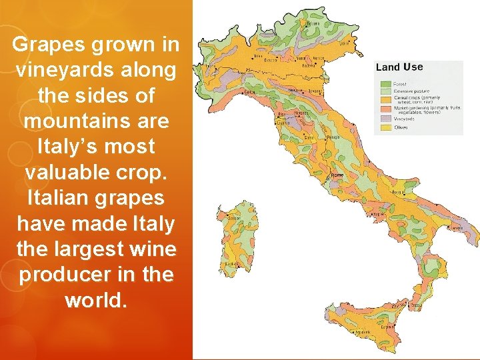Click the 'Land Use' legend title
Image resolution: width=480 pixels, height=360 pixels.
tap(399, 67)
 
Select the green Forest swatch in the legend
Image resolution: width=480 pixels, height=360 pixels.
tap(385, 84)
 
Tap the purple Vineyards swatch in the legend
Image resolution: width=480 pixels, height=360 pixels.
tap(385, 119)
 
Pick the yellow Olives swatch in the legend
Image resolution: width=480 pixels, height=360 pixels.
tap(385, 127)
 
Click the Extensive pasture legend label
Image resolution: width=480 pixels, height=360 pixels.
tap(411, 91)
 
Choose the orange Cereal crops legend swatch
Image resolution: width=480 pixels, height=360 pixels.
tap(385, 98)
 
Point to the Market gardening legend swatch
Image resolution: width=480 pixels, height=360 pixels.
tap(385, 108)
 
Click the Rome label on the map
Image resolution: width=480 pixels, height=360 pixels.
tap(337, 175)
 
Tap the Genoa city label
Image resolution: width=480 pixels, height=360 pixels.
tap(251, 91)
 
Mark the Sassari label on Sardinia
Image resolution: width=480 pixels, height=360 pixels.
tap(233, 217)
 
